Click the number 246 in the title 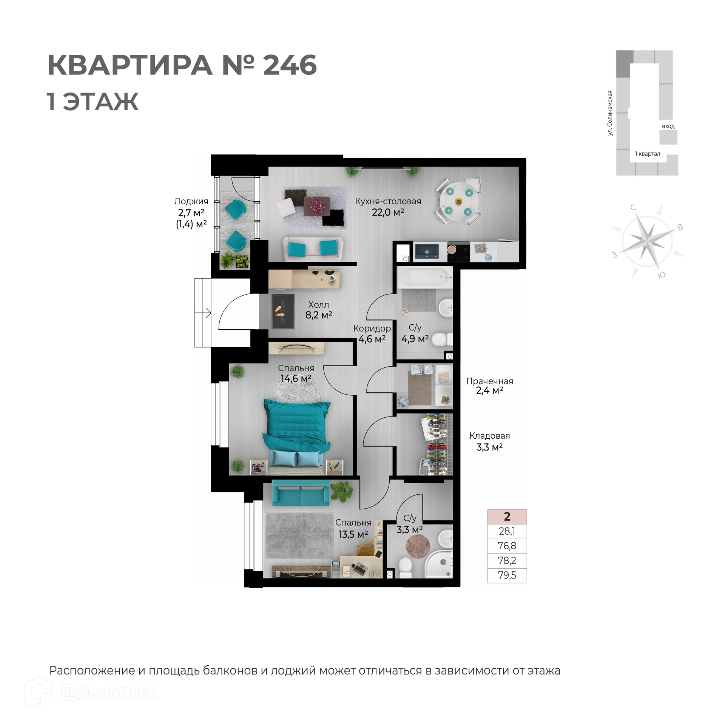290,66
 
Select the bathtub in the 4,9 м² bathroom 424,278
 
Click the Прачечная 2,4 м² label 489,386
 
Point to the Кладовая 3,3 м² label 489,441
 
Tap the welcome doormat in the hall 283,311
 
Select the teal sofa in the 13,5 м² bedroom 300,493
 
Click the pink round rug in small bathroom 418,546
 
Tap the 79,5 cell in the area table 507,575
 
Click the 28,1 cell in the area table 507,531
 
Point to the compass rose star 647,240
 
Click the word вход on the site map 668,126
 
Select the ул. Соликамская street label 610,113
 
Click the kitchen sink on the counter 427,251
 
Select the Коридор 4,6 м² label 372,333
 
